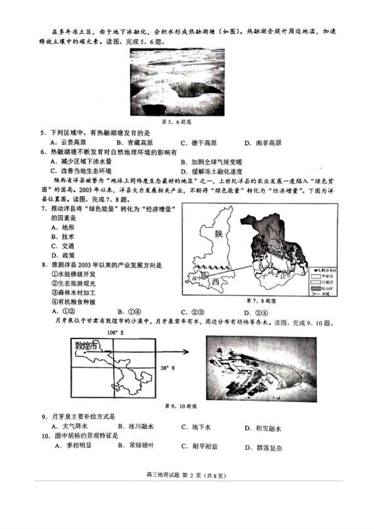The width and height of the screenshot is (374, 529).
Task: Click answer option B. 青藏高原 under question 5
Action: point(135,143)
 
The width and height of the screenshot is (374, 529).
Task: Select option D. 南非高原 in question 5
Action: point(263,143)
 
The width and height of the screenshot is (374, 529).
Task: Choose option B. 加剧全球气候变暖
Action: point(211,162)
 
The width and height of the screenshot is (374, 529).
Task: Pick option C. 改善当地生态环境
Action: point(81,171)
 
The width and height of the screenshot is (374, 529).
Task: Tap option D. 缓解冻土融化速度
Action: point(211,172)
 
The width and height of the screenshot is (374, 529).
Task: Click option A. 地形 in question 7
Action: point(63,228)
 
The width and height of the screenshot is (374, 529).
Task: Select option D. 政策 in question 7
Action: point(63,255)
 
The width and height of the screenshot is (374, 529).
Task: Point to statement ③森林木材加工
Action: point(74,293)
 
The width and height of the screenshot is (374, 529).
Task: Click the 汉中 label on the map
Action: point(196,278)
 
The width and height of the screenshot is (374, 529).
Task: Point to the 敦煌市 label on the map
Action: point(86,346)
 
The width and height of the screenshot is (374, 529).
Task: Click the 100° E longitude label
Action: point(115,333)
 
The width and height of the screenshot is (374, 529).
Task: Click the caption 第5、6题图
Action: point(177,122)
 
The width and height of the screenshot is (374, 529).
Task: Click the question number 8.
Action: point(44,265)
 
